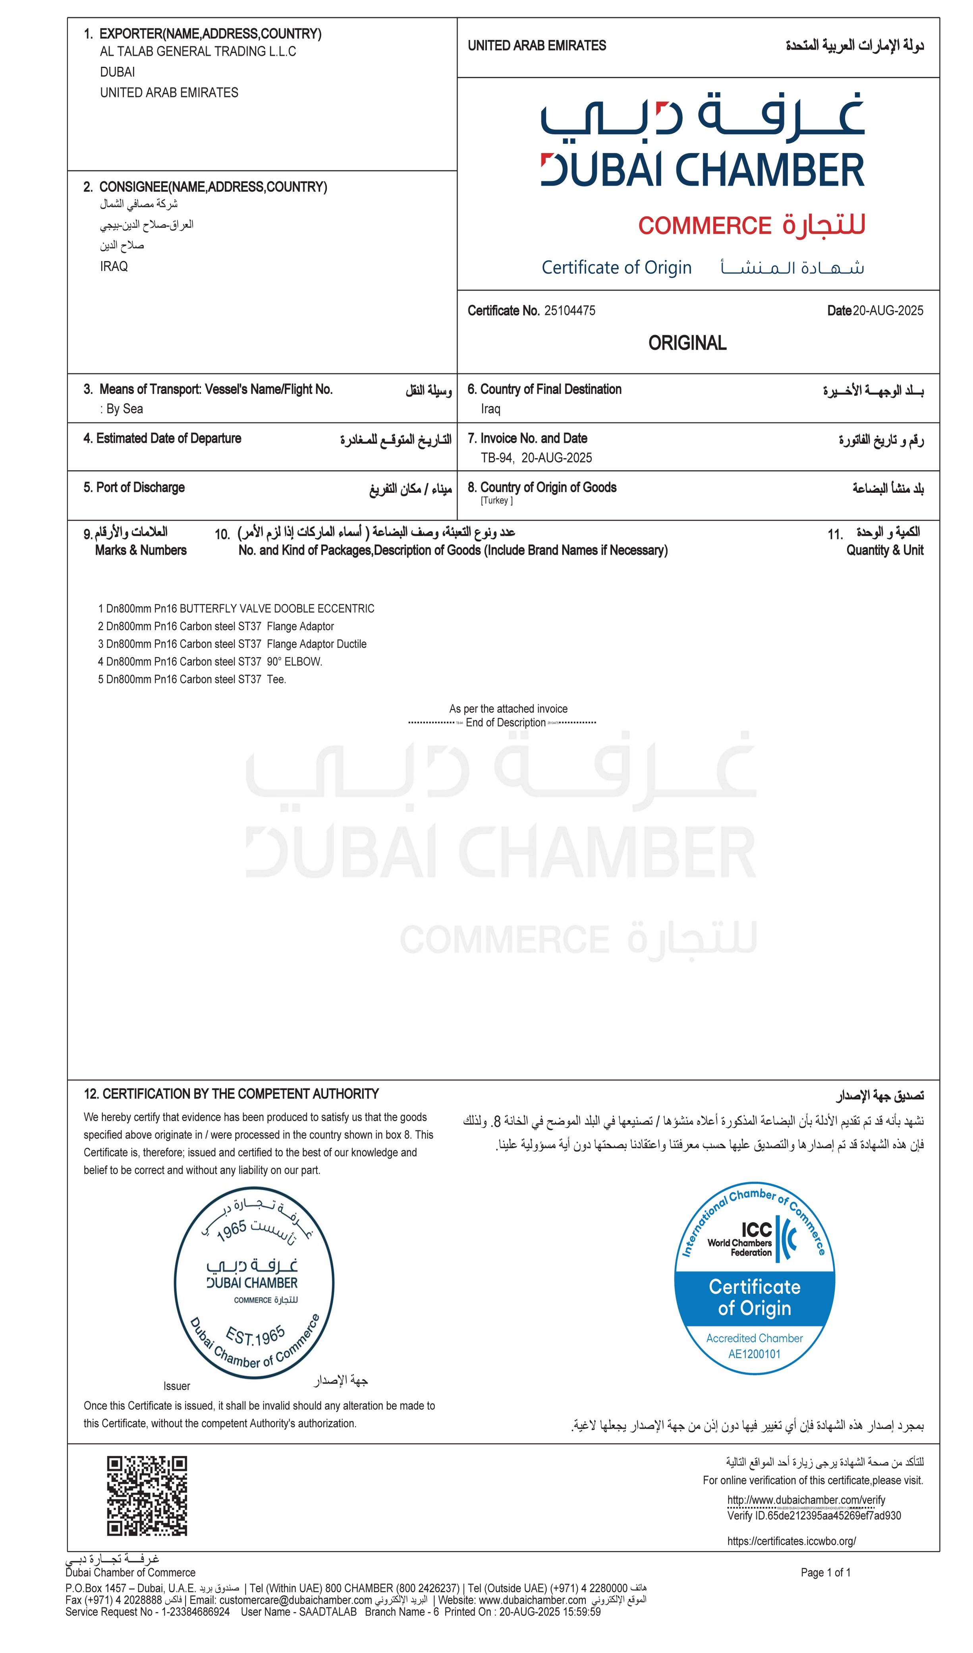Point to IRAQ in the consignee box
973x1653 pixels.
[x=114, y=266]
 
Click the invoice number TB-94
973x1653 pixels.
[x=497, y=458]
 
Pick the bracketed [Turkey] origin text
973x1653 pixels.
[x=496, y=501]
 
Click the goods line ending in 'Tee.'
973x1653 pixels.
[x=192, y=679]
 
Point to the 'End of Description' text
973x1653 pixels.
[x=506, y=723]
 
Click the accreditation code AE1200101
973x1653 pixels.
[x=755, y=1354]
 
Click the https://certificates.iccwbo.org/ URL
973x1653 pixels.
[x=792, y=1541]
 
